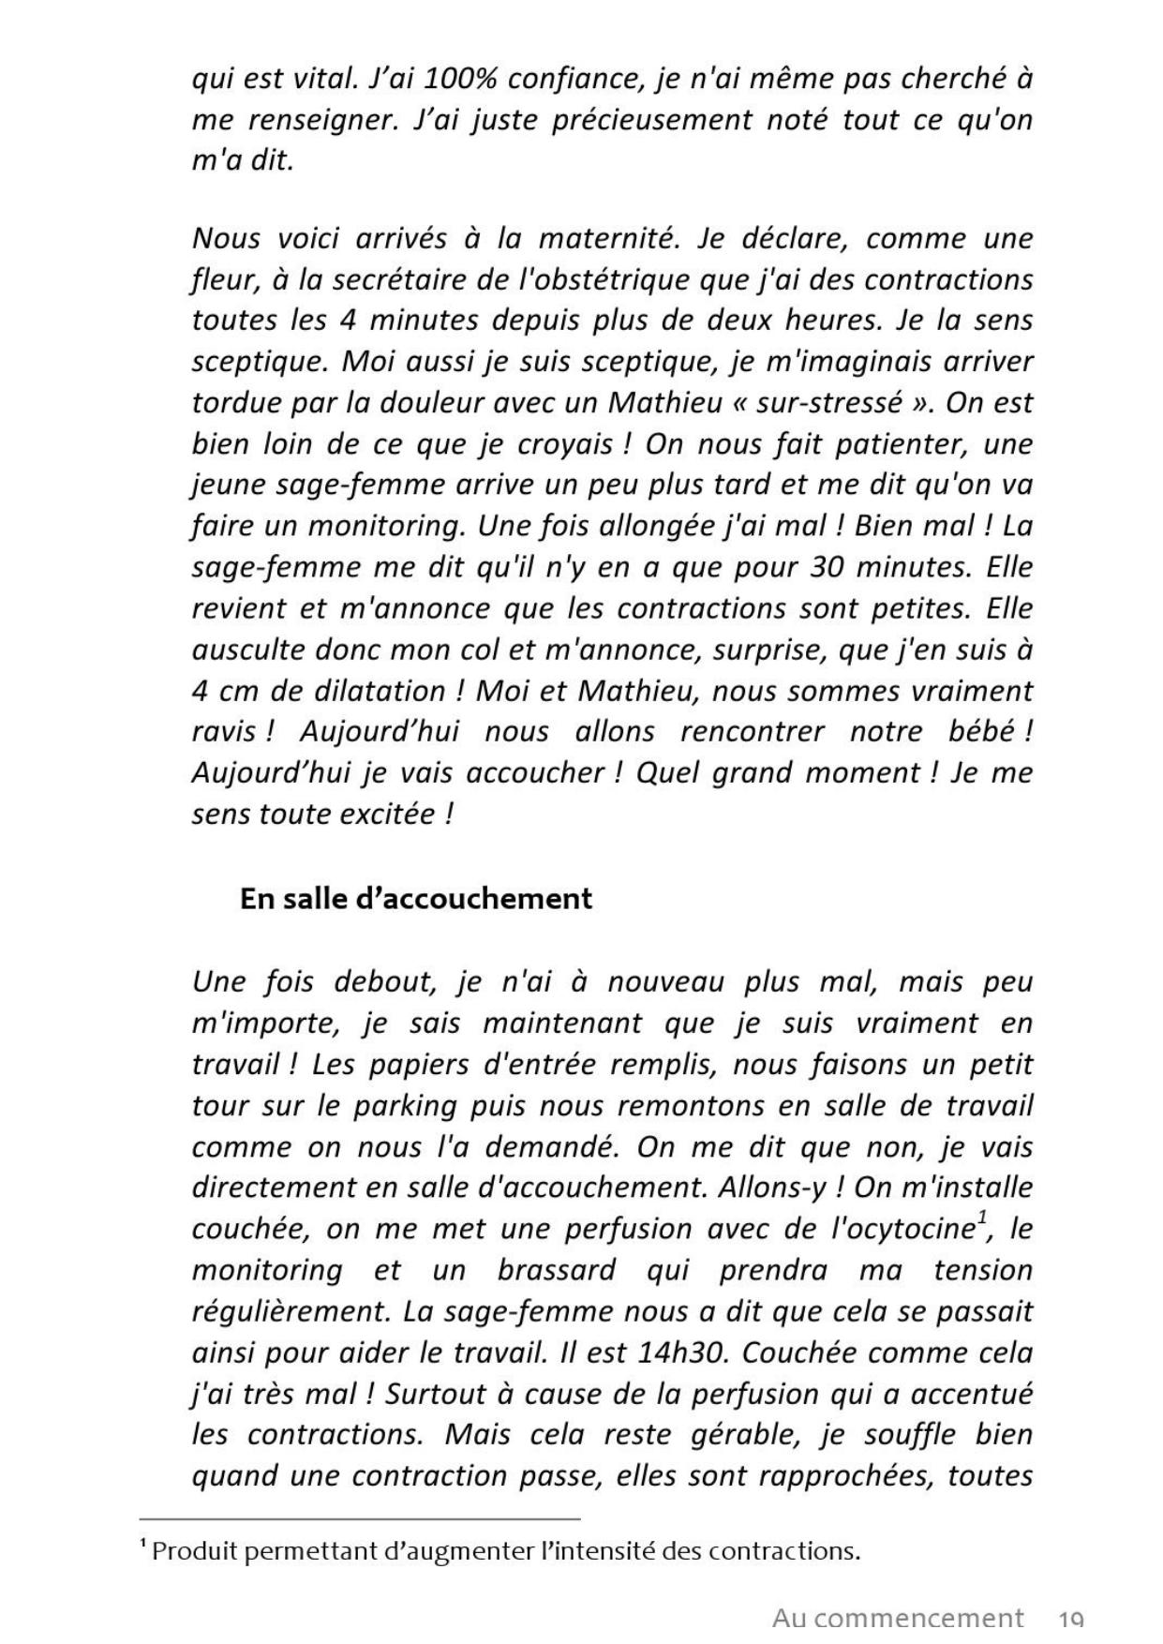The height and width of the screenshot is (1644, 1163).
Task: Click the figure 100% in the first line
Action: pyautogui.click(x=455, y=80)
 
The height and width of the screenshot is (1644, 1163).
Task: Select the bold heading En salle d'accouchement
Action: pyautogui.click(x=416, y=899)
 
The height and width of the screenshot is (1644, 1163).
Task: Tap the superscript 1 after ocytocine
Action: pyautogui.click(x=982, y=1218)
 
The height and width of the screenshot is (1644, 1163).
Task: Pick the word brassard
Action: pyautogui.click(x=557, y=1270)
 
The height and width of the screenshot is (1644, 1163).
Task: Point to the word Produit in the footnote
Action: pyautogui.click(x=190, y=1551)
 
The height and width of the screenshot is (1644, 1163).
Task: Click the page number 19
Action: pyautogui.click(x=1070, y=1621)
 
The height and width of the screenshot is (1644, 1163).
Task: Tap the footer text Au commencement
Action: pyautogui.click(x=897, y=1619)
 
